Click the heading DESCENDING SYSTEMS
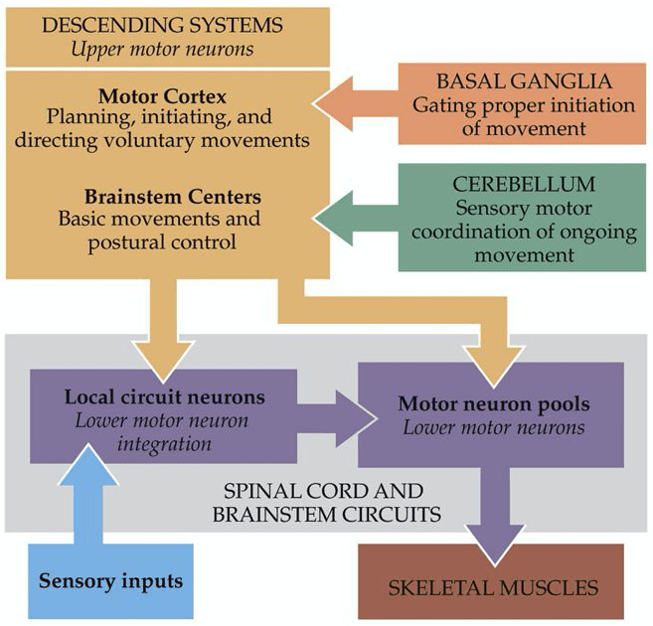click(x=161, y=24)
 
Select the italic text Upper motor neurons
click(x=161, y=48)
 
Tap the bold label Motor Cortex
click(x=161, y=98)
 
